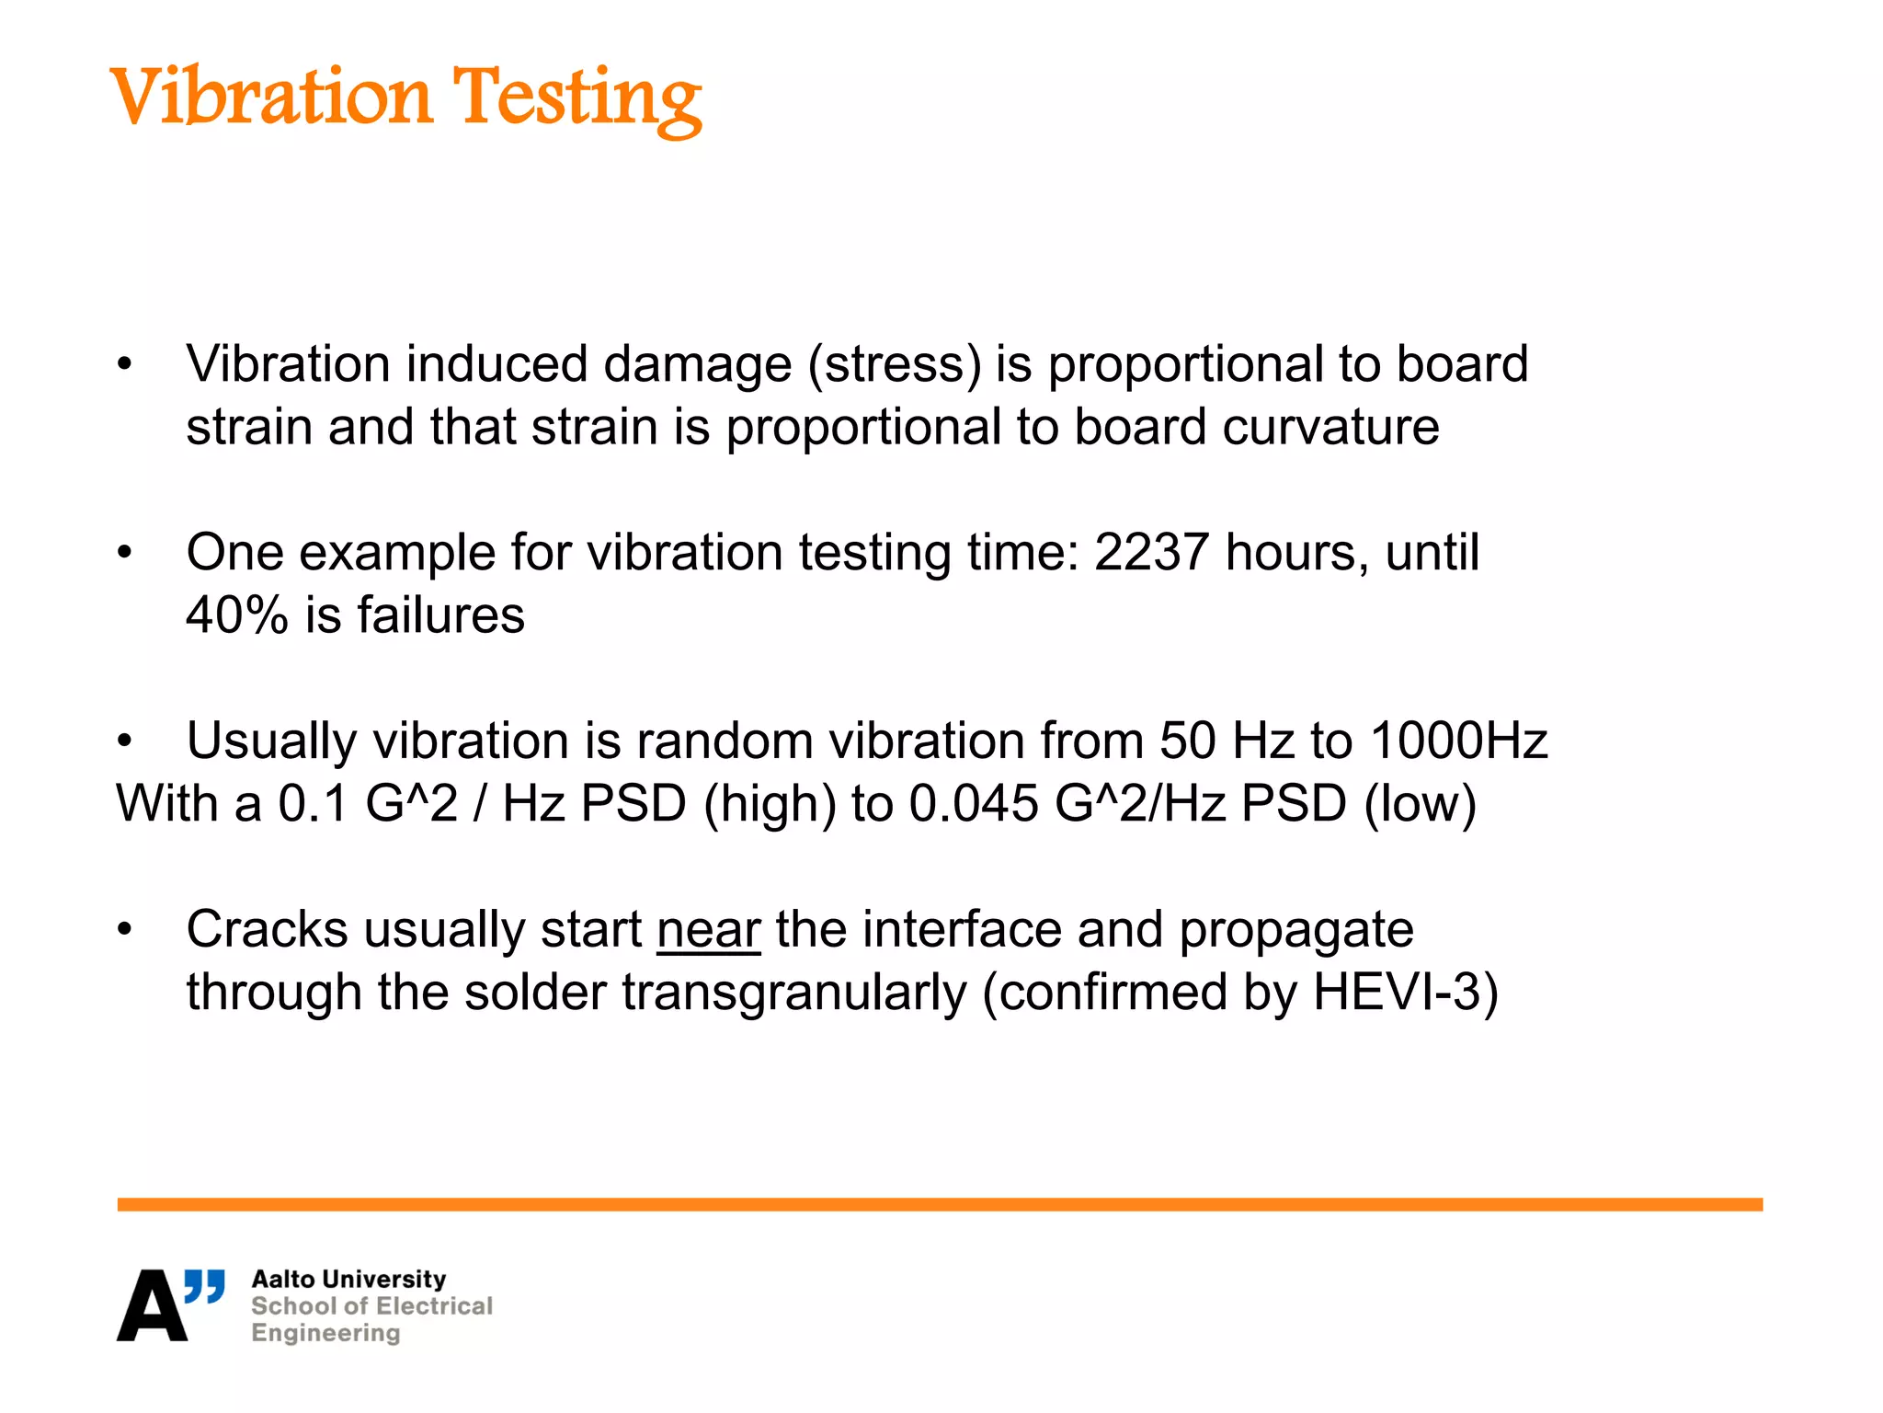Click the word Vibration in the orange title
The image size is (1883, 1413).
click(271, 97)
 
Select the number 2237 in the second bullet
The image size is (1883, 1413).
click(1151, 553)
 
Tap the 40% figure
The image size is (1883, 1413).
click(237, 615)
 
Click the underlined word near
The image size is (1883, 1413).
click(708, 930)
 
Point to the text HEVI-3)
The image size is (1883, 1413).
click(1405, 993)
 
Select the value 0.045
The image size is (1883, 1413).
click(973, 803)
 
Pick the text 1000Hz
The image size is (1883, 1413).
click(1458, 741)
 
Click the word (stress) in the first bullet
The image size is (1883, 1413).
click(895, 364)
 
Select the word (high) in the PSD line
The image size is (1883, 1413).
click(770, 804)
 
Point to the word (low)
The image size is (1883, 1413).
click(1420, 804)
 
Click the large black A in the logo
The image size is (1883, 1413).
click(151, 1306)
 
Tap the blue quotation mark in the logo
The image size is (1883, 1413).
click(204, 1286)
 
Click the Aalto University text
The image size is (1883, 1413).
click(348, 1280)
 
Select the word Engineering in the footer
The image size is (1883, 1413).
click(325, 1333)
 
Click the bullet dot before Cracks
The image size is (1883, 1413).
click(125, 930)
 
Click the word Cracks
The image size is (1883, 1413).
click(267, 930)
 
